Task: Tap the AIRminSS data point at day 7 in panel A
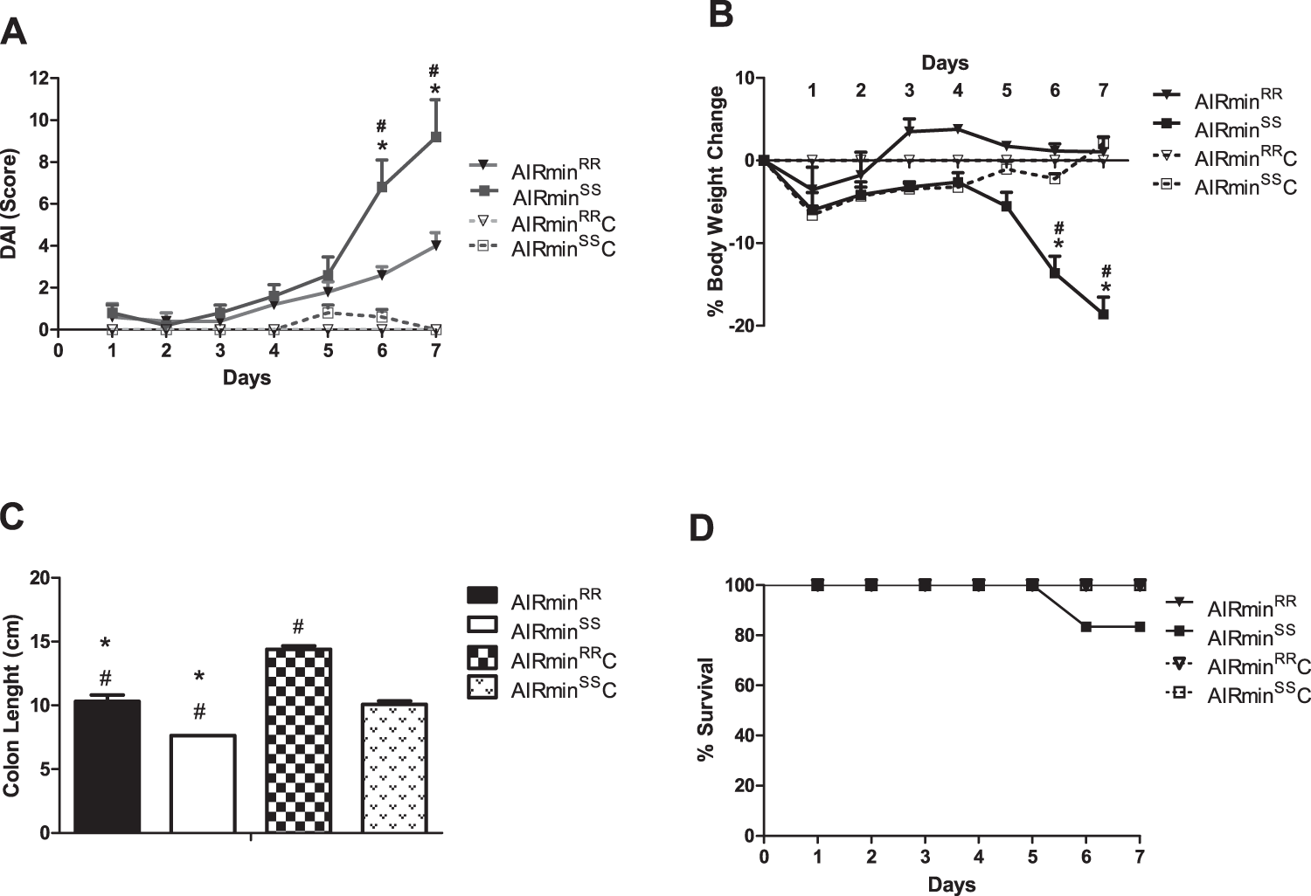(x=435, y=137)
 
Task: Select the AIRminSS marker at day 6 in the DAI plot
(x=382, y=187)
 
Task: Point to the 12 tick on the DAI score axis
(x=38, y=79)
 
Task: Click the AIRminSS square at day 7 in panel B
(x=1103, y=314)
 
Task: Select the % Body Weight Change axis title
(x=717, y=201)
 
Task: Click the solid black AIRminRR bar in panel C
(x=107, y=767)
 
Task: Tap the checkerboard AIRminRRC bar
(x=298, y=741)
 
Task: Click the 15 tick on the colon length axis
(x=38, y=642)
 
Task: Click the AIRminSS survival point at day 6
(x=1086, y=626)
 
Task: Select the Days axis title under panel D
(x=952, y=885)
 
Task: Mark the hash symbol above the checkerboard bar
(x=298, y=626)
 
